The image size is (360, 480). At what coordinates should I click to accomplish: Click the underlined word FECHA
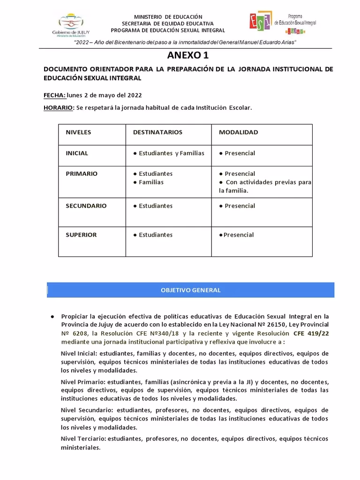click(x=54, y=95)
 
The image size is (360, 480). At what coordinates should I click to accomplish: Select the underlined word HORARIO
click(x=59, y=107)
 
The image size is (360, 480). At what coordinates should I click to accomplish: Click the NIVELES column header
click(x=78, y=132)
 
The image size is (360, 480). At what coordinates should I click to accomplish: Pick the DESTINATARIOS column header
click(x=157, y=132)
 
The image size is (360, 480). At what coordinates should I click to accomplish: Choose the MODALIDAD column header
click(x=238, y=132)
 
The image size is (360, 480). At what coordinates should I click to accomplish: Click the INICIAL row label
click(x=77, y=153)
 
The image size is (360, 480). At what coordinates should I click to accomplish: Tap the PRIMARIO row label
click(x=82, y=174)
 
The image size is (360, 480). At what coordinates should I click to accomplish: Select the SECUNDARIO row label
click(x=86, y=206)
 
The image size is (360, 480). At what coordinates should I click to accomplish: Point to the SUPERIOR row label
click(x=81, y=235)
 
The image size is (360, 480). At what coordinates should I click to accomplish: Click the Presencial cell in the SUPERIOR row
click(x=238, y=235)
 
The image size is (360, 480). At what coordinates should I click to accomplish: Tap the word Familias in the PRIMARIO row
click(x=151, y=182)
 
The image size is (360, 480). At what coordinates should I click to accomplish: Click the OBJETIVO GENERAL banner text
click(x=190, y=290)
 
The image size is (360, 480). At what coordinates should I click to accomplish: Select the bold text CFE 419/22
click(x=311, y=333)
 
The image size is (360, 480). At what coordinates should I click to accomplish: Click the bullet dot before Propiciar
click(x=52, y=316)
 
